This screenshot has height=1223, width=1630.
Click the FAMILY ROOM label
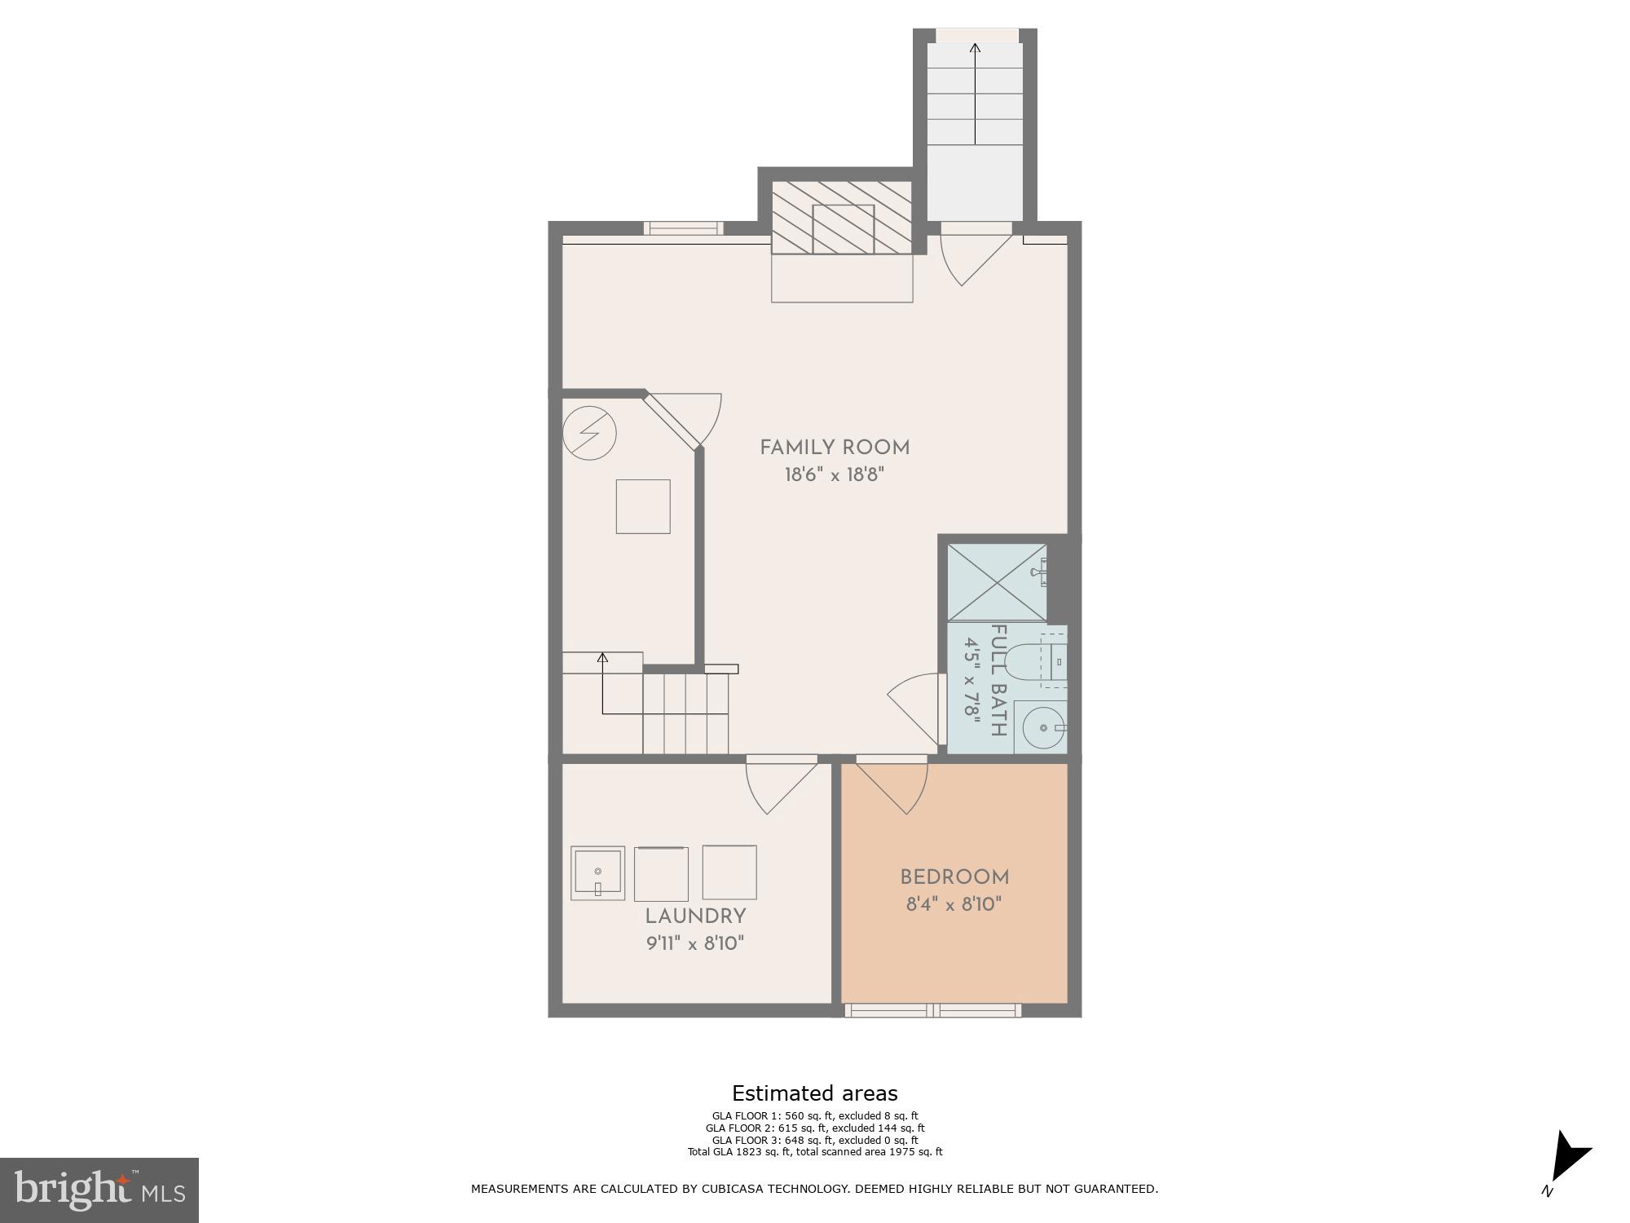[x=835, y=448]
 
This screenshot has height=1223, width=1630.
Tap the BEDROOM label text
[x=954, y=877]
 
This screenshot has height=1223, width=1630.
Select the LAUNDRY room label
[x=695, y=916]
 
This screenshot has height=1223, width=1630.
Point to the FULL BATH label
[x=998, y=680]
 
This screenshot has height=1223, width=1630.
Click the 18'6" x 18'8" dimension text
[x=835, y=475]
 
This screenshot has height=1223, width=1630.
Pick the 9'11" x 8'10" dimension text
[x=695, y=943]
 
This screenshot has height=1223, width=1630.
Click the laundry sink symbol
[x=597, y=873]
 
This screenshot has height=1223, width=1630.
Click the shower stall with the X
[x=997, y=582]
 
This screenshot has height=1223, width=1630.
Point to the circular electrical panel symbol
[x=589, y=432]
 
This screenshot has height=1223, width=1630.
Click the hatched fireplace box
[x=842, y=218]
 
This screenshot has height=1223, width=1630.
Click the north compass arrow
[x=1569, y=1156]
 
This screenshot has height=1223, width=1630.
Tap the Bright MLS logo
[x=99, y=1190]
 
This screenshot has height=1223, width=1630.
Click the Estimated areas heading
[x=814, y=1093]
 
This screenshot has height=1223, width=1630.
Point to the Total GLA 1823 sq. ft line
[x=814, y=1152]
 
